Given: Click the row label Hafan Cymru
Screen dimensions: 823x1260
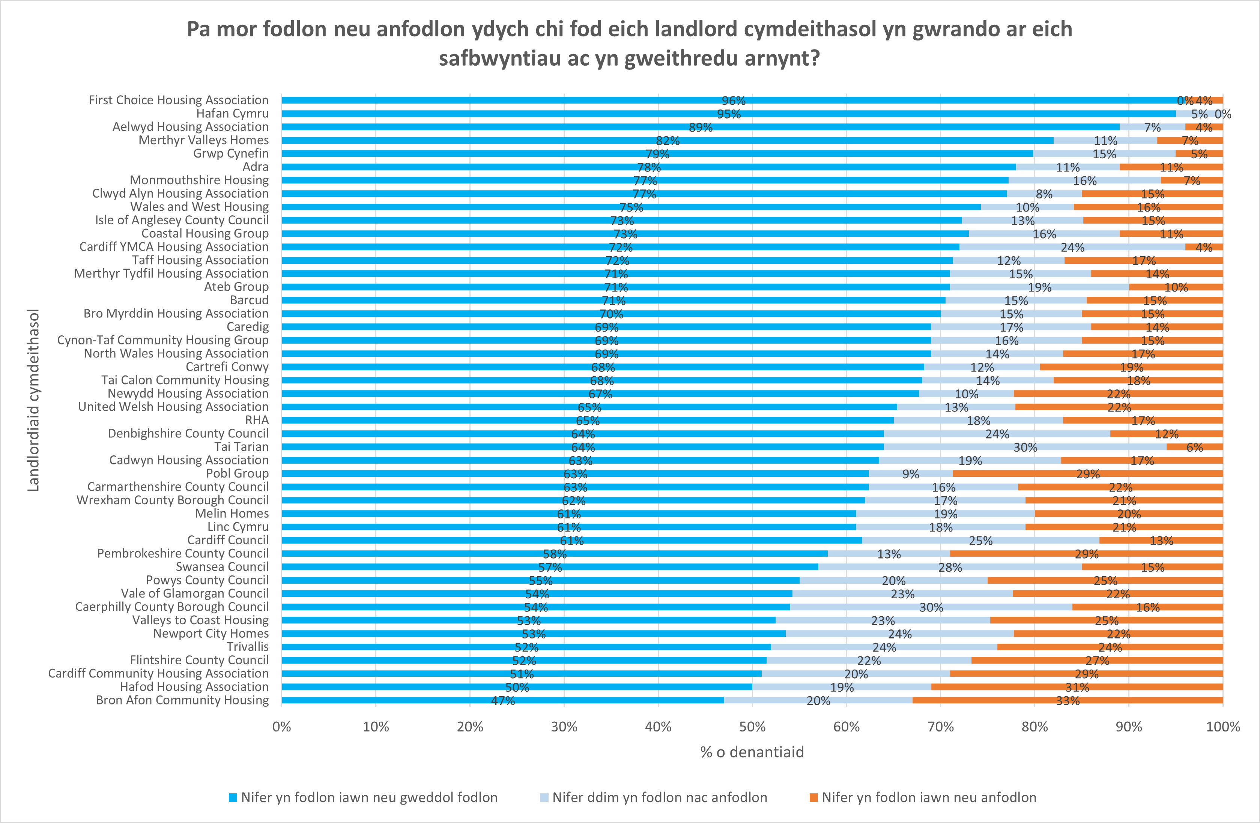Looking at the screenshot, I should point(232,113).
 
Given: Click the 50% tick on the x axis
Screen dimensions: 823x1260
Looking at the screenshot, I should point(752,727).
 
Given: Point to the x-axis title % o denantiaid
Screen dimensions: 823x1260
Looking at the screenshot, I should point(752,752).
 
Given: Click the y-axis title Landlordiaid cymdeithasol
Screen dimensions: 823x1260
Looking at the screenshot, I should point(33,400).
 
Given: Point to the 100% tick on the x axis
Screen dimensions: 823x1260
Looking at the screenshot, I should point(1222,727).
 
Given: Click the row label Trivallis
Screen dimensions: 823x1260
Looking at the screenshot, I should point(247,647).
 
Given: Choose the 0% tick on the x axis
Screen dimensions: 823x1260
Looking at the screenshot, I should point(282,727).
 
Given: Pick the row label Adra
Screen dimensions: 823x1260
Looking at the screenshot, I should point(255,167).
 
